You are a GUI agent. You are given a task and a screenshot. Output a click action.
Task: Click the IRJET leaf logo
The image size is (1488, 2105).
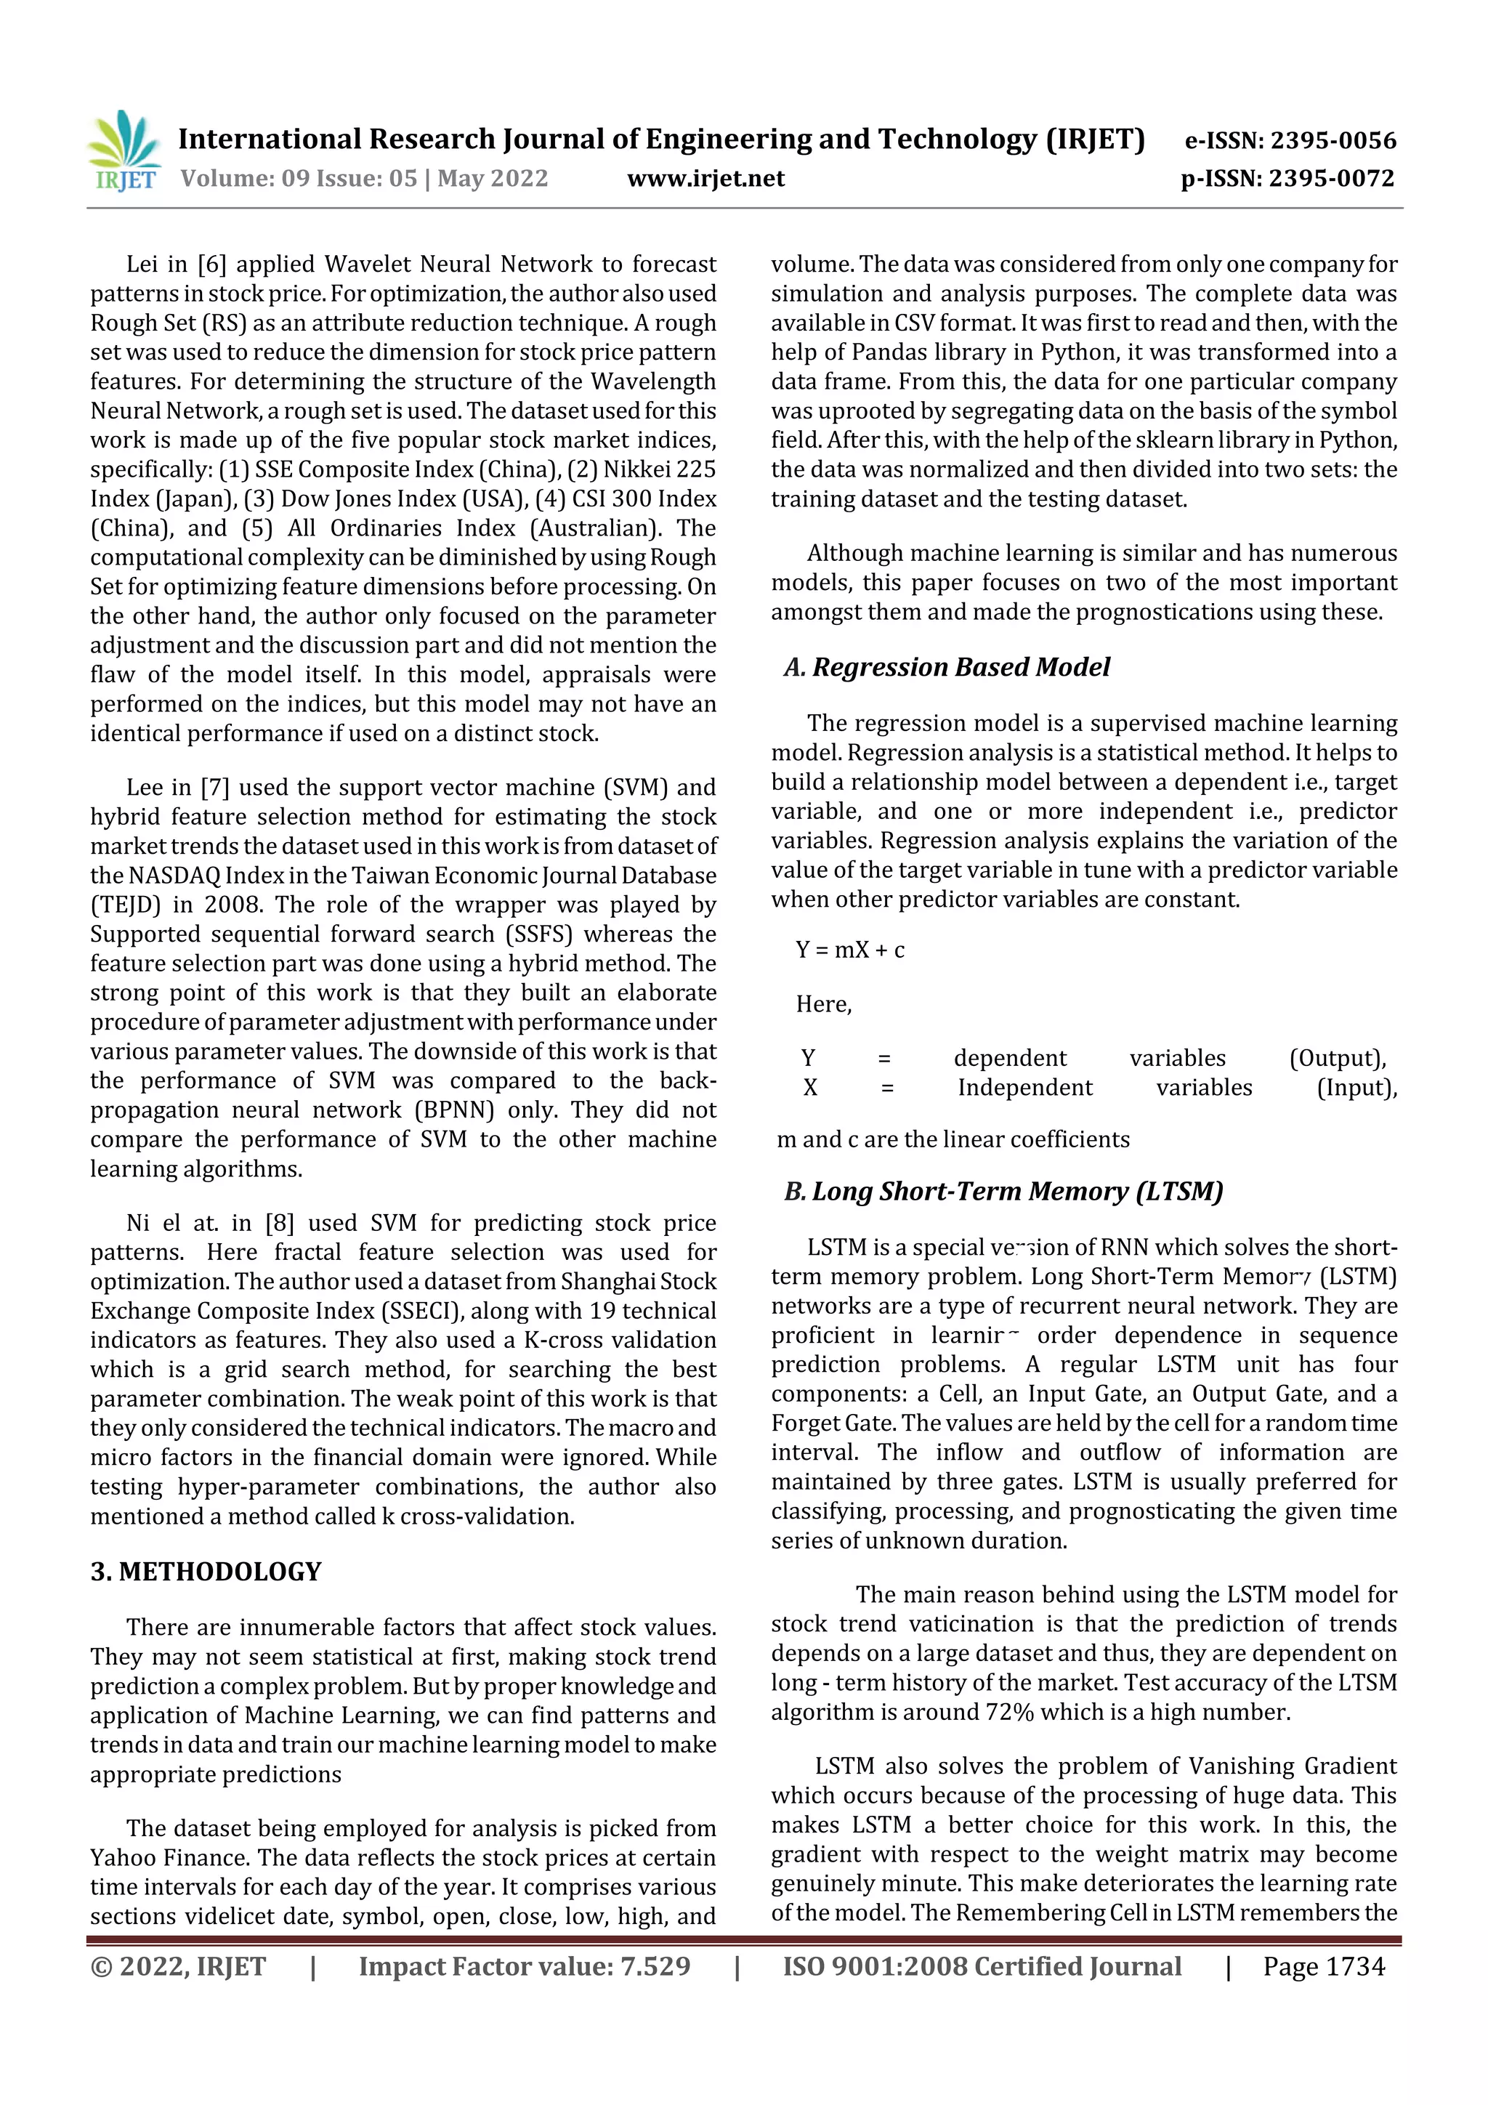pyautogui.click(x=124, y=148)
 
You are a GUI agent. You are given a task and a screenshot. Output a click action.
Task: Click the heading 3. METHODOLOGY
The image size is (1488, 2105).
pyautogui.click(x=206, y=1572)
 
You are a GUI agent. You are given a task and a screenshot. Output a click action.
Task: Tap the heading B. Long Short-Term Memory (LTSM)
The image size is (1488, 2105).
pyautogui.click(x=1003, y=1191)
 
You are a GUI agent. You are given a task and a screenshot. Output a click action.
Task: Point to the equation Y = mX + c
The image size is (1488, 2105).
pyautogui.click(x=850, y=950)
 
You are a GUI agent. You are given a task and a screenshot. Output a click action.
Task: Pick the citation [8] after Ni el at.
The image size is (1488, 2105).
pyautogui.click(x=280, y=1223)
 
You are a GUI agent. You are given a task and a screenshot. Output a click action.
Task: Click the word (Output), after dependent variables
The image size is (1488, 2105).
pyautogui.click(x=1337, y=1058)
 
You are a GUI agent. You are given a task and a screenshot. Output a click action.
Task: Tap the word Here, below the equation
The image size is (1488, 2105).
pyautogui.click(x=823, y=1004)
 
